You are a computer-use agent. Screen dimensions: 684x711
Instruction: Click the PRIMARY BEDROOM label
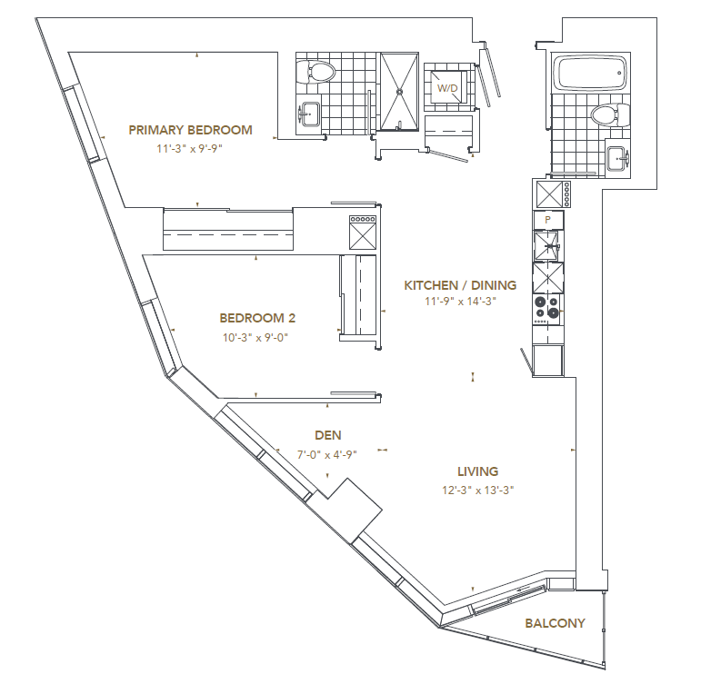(x=190, y=130)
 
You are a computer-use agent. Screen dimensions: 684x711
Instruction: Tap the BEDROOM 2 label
(x=257, y=318)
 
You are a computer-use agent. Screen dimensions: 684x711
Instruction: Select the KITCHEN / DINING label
(x=460, y=285)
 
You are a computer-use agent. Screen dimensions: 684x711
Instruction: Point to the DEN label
(x=328, y=436)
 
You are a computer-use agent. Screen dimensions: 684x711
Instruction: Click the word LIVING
(x=478, y=471)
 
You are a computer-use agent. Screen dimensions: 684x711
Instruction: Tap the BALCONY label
(x=555, y=623)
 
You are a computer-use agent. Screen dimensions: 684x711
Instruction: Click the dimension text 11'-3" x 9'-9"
(x=190, y=147)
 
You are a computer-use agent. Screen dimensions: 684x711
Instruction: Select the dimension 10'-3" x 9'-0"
(x=257, y=336)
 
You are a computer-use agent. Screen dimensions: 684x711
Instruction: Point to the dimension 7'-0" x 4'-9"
(x=327, y=454)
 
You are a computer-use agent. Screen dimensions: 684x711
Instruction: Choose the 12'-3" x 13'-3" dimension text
(x=478, y=491)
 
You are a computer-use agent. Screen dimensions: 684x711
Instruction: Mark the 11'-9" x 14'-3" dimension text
(x=460, y=302)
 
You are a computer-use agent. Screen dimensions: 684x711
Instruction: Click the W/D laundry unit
(x=447, y=88)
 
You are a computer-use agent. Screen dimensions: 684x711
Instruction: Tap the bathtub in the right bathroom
(x=589, y=74)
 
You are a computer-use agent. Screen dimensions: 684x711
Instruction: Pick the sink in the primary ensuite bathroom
(x=309, y=115)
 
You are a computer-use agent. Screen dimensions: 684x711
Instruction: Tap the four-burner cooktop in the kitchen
(x=547, y=308)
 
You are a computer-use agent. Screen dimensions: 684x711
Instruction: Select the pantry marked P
(x=547, y=220)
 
